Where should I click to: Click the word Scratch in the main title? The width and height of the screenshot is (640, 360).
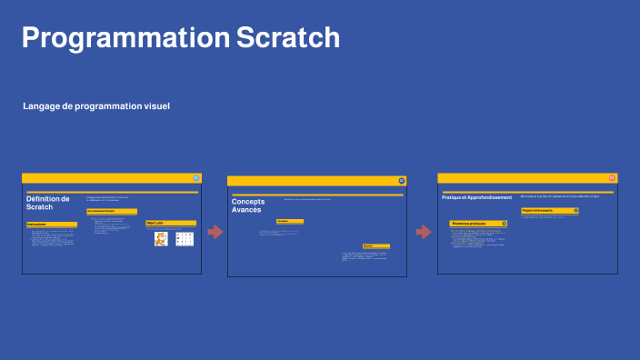[x=288, y=38]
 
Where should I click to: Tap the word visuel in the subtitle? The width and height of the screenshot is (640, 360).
[x=155, y=106]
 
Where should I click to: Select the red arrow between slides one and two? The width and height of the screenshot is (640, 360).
[x=215, y=232]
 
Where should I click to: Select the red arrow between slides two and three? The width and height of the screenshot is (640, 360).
[x=424, y=232]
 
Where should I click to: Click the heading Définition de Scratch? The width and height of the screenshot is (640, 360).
[x=48, y=203]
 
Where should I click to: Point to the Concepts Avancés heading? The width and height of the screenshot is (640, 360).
[x=246, y=205]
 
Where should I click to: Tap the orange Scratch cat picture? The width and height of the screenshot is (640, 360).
[x=161, y=239]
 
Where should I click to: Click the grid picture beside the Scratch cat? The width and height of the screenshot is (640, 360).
[x=185, y=239]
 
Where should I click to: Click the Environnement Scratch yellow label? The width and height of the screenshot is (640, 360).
[x=112, y=211]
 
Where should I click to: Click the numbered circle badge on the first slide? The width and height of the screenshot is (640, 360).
[x=196, y=178]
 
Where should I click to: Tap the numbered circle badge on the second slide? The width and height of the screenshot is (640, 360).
[x=402, y=181]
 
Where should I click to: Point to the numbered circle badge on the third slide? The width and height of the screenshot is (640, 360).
[x=612, y=178]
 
